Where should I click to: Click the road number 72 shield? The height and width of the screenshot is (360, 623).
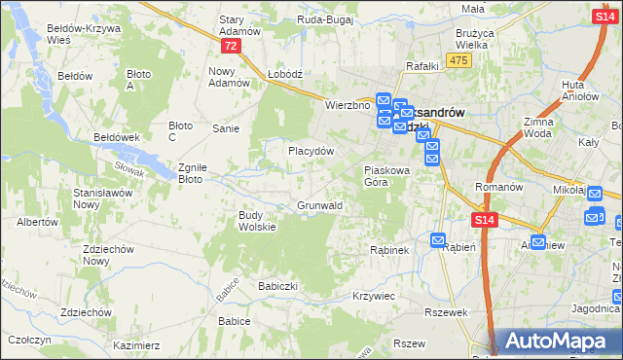coord(230,47)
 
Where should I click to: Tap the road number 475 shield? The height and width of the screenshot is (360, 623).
coord(460,60)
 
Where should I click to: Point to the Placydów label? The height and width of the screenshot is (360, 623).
coord(311,152)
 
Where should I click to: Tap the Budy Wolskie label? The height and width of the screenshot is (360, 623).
coord(258,221)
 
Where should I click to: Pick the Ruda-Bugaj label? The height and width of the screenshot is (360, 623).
coord(324,18)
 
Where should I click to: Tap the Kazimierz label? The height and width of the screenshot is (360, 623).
coord(136,345)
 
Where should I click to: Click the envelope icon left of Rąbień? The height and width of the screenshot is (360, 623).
coord(437,240)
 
